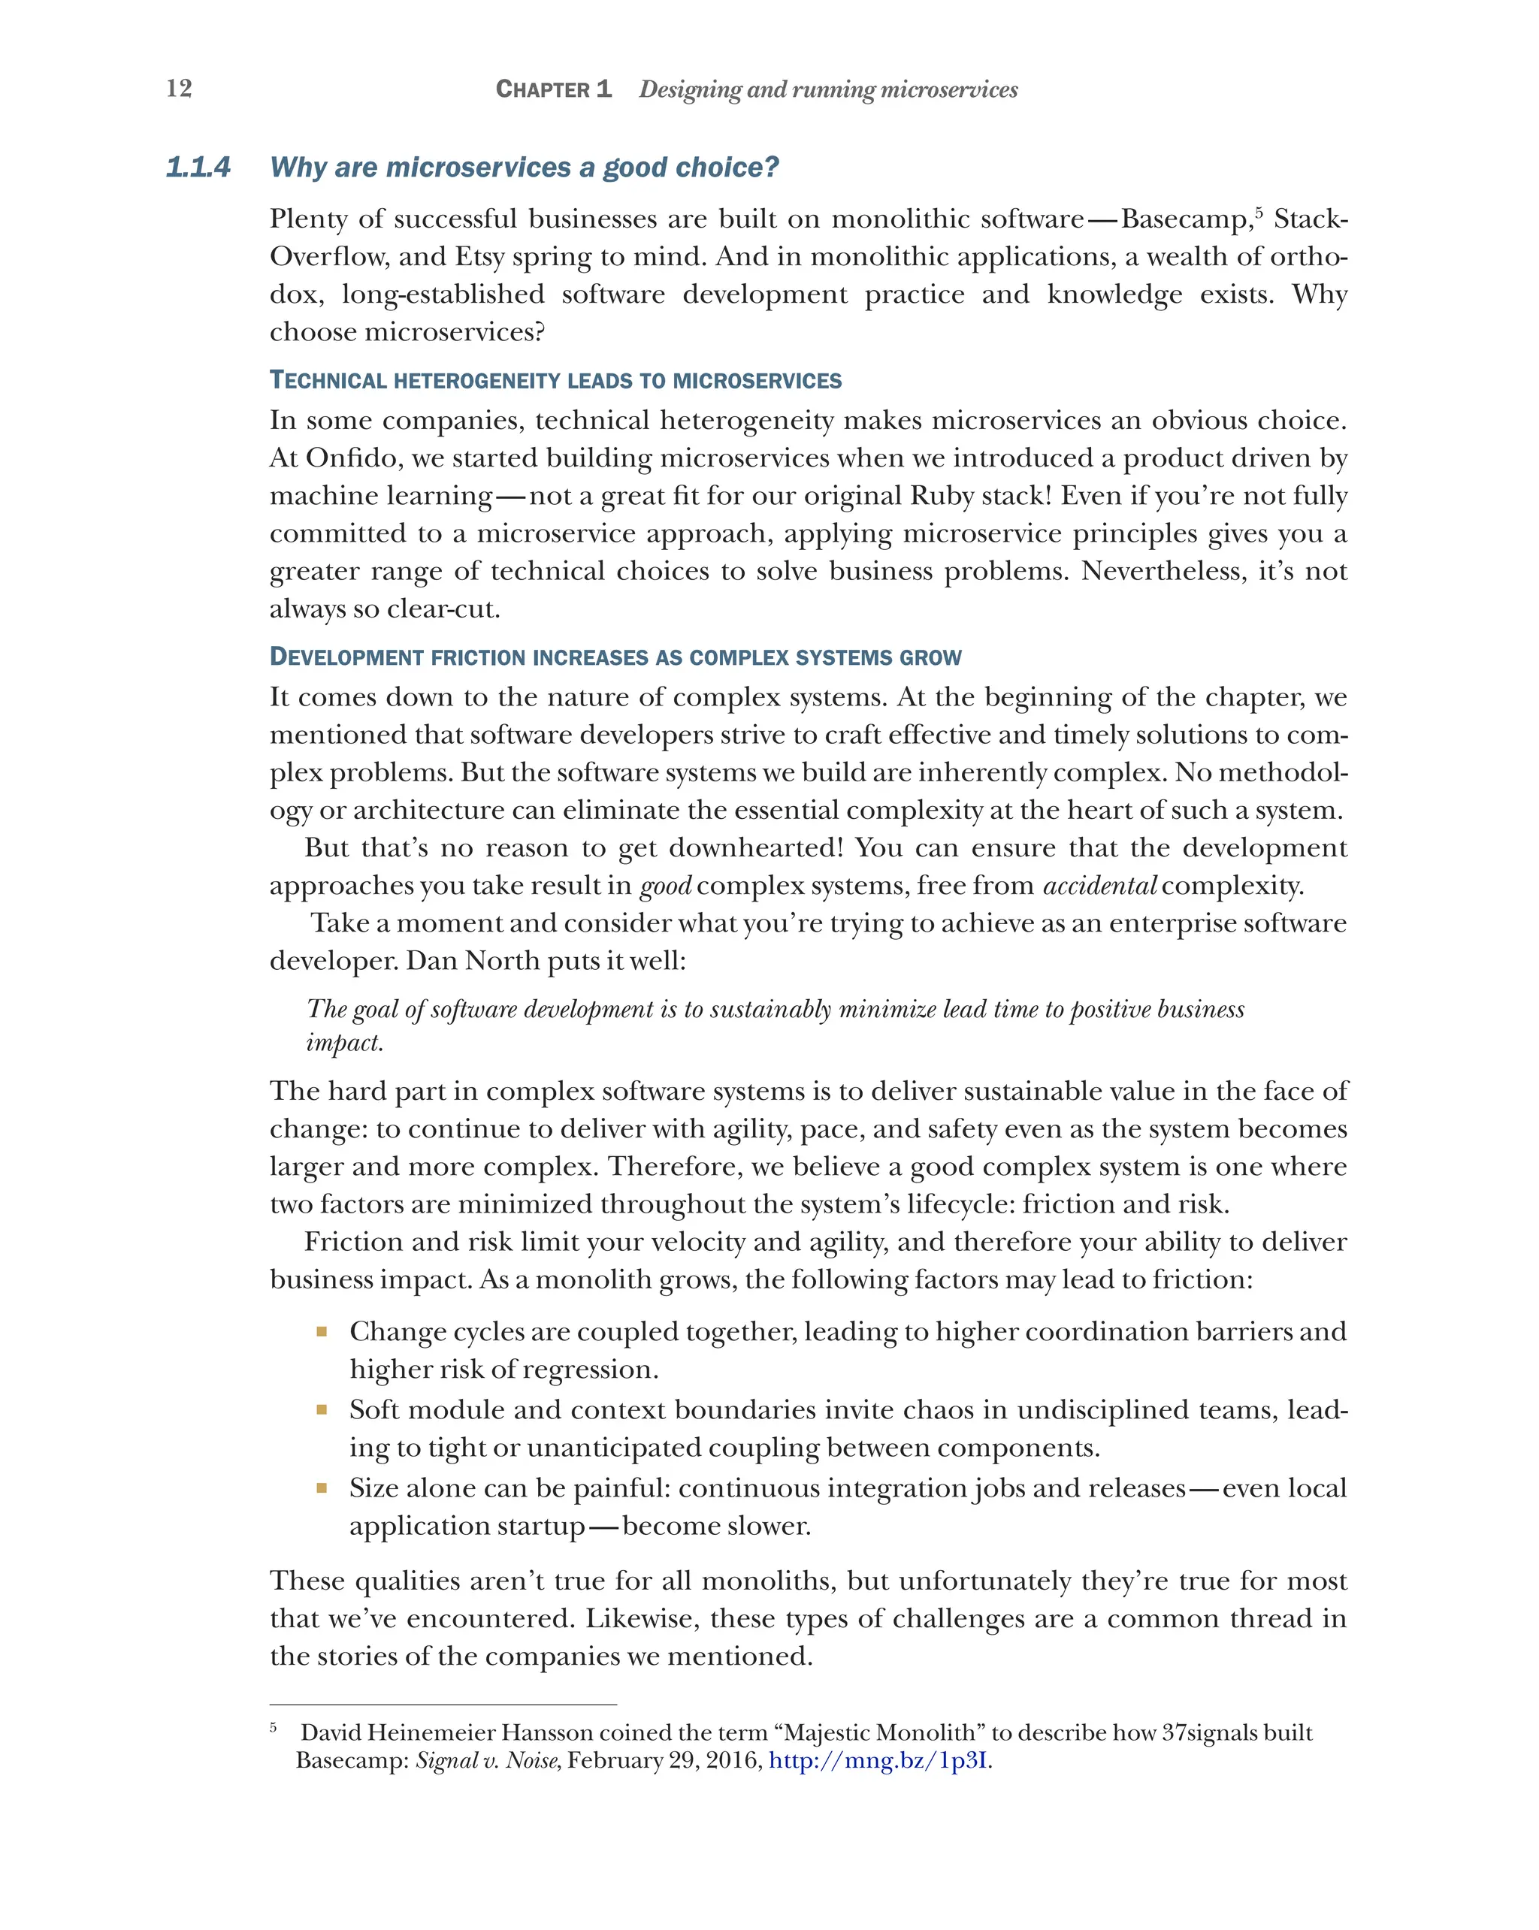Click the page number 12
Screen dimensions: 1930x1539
pos(179,88)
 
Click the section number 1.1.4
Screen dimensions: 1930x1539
pos(198,168)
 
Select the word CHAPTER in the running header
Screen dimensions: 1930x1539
pos(542,89)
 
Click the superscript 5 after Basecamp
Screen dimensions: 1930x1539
pos(1259,212)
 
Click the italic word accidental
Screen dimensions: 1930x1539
pos(1099,886)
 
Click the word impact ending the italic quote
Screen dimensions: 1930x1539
pos(343,1043)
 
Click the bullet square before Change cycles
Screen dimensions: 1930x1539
pos(322,1332)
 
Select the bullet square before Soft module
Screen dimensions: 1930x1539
pos(322,1410)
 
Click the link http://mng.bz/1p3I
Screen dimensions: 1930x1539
pos(878,1761)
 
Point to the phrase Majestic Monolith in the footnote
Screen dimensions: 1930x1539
pos(878,1733)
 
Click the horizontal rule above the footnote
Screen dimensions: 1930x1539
pos(443,1705)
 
